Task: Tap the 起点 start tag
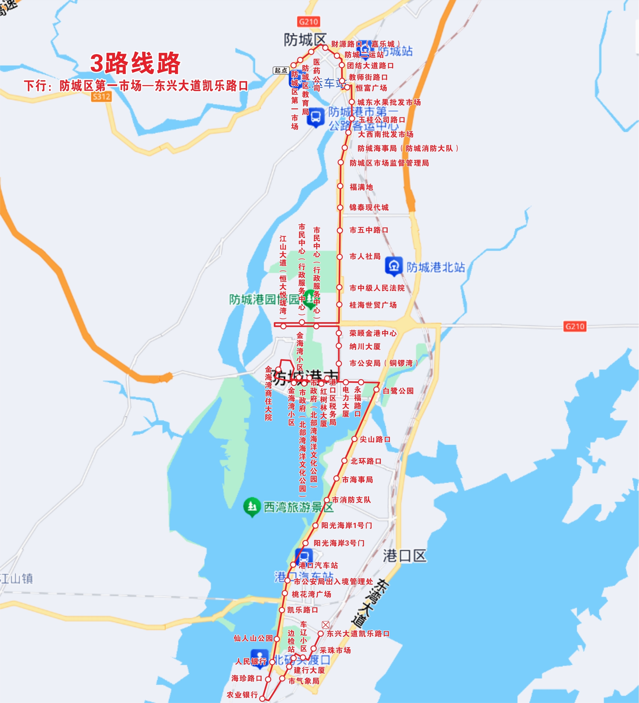click(x=281, y=70)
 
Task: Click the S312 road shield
click(x=101, y=97)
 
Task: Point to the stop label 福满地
click(x=361, y=187)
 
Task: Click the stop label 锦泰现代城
click(x=369, y=208)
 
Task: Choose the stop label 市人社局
click(x=365, y=257)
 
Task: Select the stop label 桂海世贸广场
click(x=373, y=305)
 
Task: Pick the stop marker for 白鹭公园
click(x=376, y=390)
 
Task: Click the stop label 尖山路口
click(x=375, y=439)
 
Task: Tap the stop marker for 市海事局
click(x=336, y=479)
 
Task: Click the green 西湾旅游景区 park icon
click(x=252, y=506)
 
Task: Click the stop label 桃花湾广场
click(x=311, y=594)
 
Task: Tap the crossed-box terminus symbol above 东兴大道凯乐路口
click(x=325, y=625)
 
